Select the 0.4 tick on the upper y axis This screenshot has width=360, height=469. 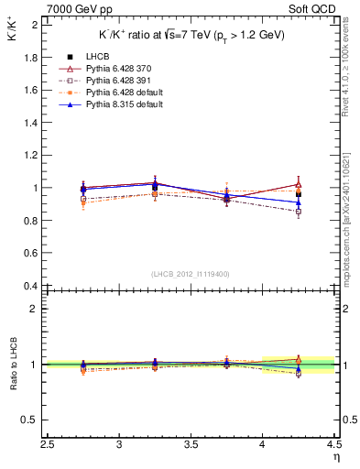coord(32,286)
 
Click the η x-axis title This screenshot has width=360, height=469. coord(336,458)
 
